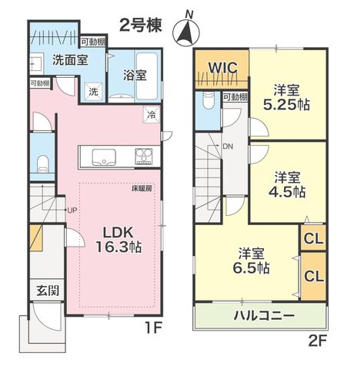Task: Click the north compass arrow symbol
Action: point(186,31)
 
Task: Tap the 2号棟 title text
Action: point(141,25)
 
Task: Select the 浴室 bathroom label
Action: point(135,76)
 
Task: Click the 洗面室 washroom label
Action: point(70,60)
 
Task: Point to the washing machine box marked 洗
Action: point(93,92)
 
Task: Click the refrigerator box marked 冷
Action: point(152,115)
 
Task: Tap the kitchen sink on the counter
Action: point(104,156)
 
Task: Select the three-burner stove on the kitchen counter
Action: point(144,156)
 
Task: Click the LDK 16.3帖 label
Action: point(119,240)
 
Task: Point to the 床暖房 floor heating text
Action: point(142,188)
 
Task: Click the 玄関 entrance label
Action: point(48,291)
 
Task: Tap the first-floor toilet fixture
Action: point(43,164)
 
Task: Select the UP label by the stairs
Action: point(72,210)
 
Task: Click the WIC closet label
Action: point(222,68)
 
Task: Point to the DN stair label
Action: point(228,146)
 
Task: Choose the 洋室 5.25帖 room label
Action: point(286,98)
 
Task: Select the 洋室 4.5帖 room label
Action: point(287,184)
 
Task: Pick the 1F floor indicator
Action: point(154,328)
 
